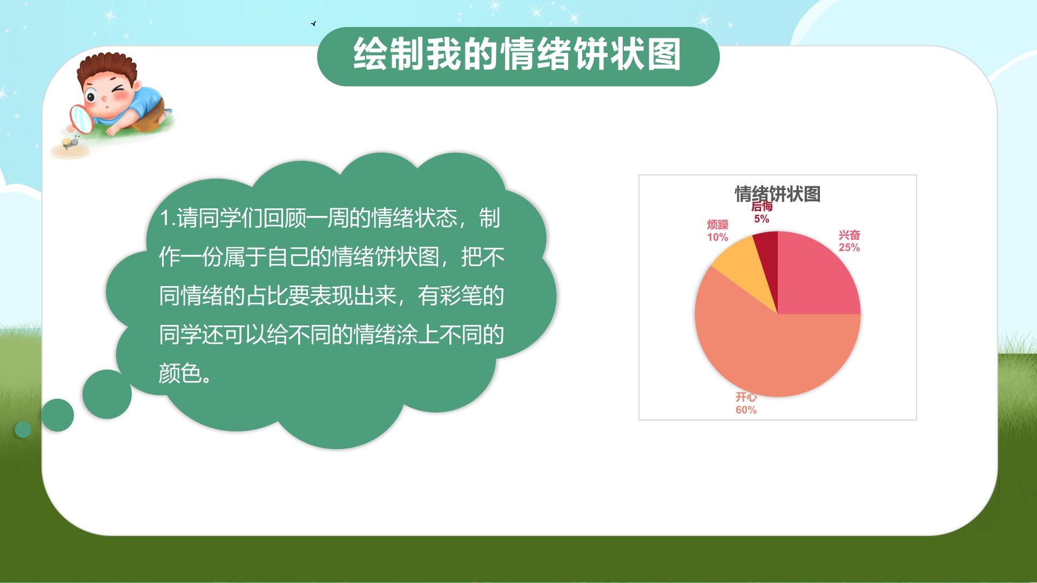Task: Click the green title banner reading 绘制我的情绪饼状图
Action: point(518,56)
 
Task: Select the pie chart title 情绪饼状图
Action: point(777,194)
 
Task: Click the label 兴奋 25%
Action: point(849,241)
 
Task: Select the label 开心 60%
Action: point(746,404)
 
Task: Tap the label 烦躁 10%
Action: point(718,231)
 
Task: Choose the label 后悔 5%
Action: point(762,212)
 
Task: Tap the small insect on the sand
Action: point(70,143)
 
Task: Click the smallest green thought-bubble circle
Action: point(23,430)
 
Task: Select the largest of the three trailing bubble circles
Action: point(107,394)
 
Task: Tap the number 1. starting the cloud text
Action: point(167,219)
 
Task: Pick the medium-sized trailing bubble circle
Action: point(57,415)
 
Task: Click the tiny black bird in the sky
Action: point(313,24)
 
